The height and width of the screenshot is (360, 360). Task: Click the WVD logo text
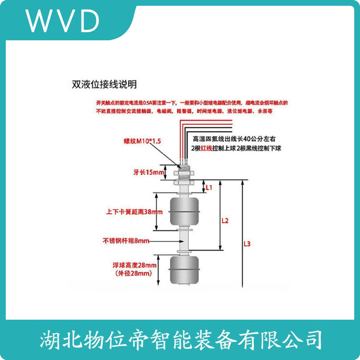tap(63, 20)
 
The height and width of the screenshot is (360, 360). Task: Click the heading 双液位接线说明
tap(104, 85)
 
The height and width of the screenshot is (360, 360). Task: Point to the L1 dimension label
tap(208, 187)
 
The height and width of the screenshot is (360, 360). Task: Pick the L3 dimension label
tap(247, 244)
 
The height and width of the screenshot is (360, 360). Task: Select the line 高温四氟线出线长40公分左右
tap(235, 138)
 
